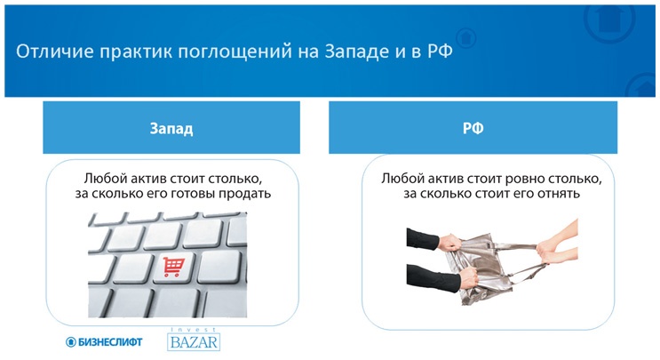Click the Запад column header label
point(171,128)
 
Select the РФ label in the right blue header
point(473,128)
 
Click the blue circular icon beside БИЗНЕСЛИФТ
point(71,341)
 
